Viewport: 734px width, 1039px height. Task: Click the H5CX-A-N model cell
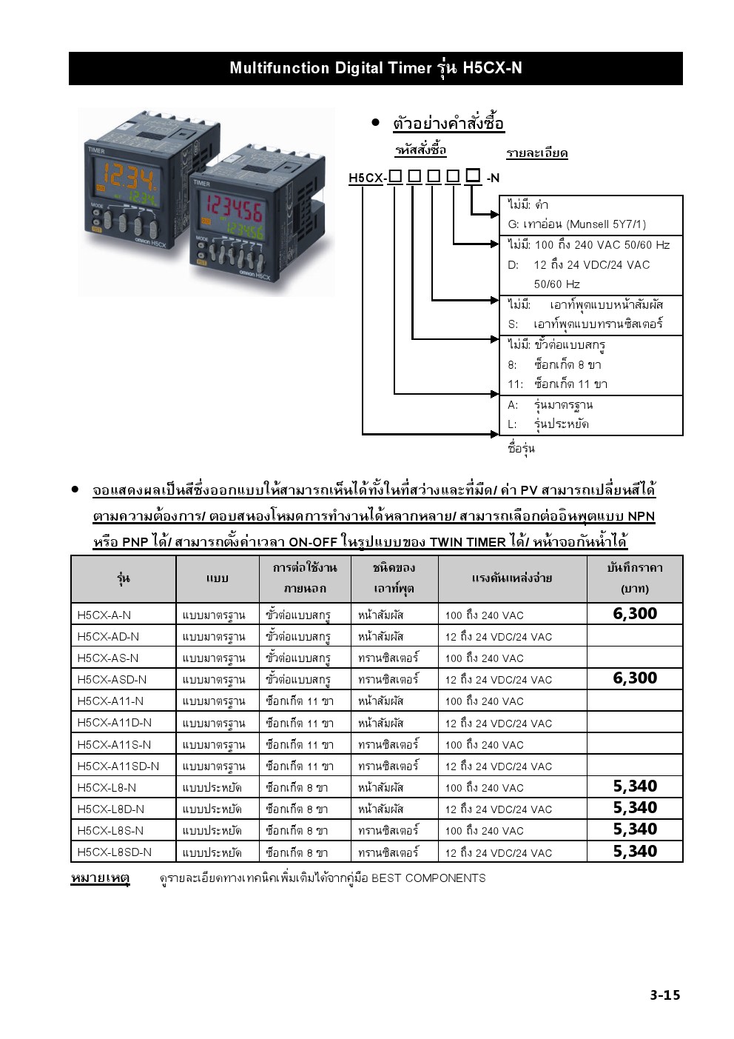pyautogui.click(x=104, y=615)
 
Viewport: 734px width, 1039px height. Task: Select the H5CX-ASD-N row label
pyautogui.click(x=112, y=680)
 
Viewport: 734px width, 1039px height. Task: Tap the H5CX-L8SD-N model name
pyautogui.click(x=115, y=852)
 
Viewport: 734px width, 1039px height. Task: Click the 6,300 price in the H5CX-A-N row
pyautogui.click(x=635, y=614)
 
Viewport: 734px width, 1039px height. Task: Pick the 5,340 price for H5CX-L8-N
pyautogui.click(x=635, y=786)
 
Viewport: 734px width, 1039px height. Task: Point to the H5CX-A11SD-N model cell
pyautogui.click(x=118, y=766)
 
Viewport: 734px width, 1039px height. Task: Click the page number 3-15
pyautogui.click(x=665, y=995)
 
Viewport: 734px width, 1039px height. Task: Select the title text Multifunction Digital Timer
pyautogui.click(x=331, y=68)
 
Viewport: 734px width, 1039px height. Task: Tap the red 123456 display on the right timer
pyautogui.click(x=235, y=207)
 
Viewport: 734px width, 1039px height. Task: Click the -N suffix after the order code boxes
pyautogui.click(x=493, y=178)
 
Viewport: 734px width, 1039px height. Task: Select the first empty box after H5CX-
pyautogui.click(x=395, y=176)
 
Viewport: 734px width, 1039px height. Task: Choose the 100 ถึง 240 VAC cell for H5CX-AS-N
pyautogui.click(x=484, y=658)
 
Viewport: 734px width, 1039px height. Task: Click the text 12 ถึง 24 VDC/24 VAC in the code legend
pyautogui.click(x=592, y=265)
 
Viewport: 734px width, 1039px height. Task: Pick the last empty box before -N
pyautogui.click(x=473, y=176)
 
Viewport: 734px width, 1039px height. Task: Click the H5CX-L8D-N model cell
pyautogui.click(x=111, y=809)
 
